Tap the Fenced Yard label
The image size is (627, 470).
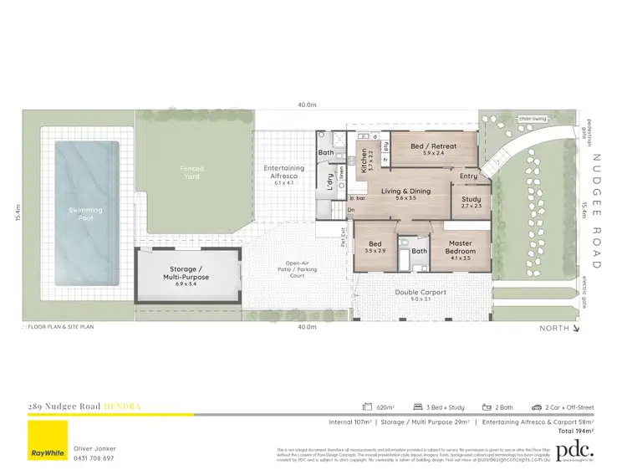point(191,173)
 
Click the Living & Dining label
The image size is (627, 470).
point(406,194)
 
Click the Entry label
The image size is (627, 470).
point(468,176)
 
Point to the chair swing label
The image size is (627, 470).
point(533,119)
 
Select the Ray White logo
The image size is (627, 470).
point(49,440)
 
